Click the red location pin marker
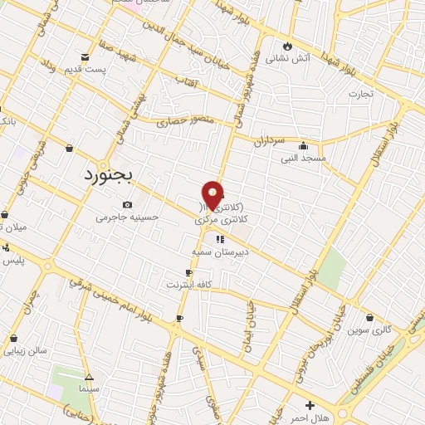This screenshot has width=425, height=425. (x=213, y=196)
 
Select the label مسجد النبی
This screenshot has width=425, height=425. (x=303, y=158)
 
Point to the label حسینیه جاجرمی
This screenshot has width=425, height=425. (x=126, y=217)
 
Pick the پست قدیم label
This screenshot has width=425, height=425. (x=85, y=69)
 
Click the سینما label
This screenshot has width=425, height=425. (x=88, y=388)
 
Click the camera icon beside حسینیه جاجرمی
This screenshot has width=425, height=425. (x=126, y=205)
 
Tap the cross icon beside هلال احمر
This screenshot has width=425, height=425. (x=310, y=405)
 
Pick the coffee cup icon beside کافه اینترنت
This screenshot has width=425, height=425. (x=189, y=273)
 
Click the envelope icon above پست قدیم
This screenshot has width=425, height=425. (x=86, y=57)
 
